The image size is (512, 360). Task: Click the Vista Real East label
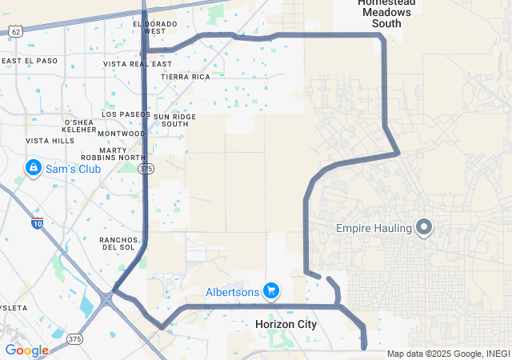138,64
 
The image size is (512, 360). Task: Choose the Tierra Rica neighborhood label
185,77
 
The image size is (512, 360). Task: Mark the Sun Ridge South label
174,120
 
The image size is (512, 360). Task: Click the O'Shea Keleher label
79,126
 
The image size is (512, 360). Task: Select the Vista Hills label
50,141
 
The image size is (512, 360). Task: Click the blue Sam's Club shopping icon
33,169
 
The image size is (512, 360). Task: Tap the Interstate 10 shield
37,223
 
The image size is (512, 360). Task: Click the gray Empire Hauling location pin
425,228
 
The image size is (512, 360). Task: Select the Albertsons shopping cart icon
272,290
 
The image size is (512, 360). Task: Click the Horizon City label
286,324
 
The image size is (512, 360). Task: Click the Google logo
26,350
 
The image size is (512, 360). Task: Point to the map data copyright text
447,354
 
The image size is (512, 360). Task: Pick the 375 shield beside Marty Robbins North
146,169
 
